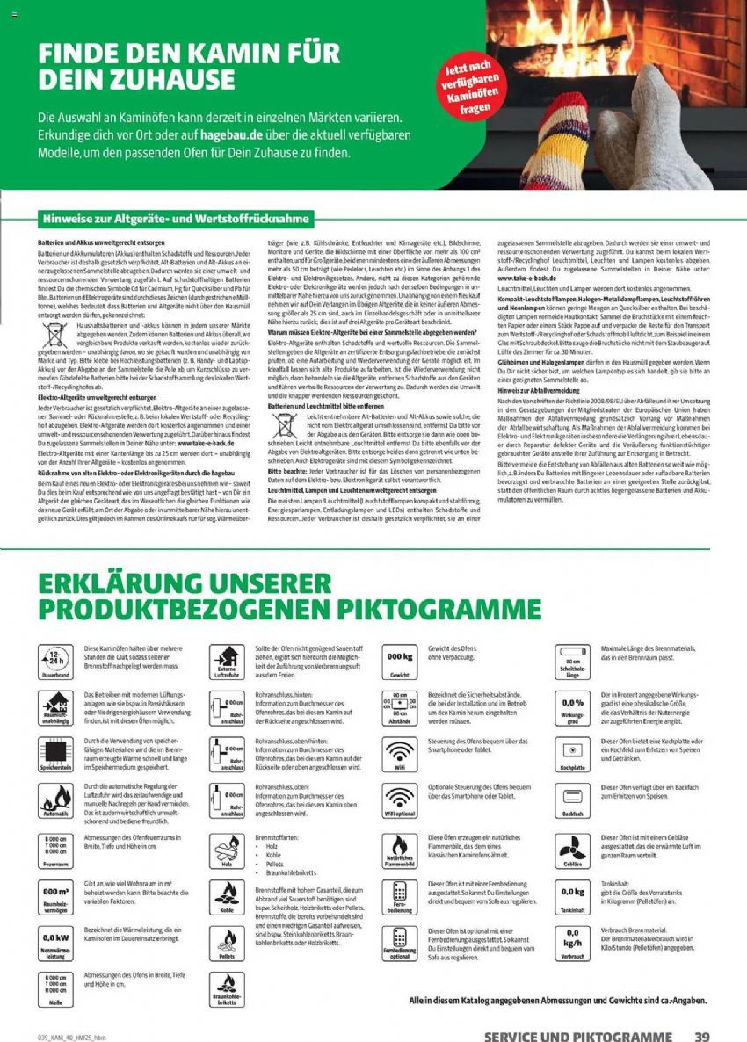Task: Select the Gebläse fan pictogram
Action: (572, 849)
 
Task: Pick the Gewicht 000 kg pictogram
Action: (400, 660)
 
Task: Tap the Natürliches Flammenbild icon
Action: (400, 850)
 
